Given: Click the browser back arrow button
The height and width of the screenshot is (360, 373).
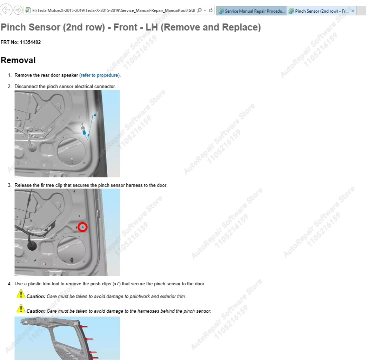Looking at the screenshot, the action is [x=6, y=10].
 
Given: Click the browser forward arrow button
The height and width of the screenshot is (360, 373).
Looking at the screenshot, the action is [x=18, y=10].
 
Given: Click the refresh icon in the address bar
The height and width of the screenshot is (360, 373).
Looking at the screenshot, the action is [x=211, y=11].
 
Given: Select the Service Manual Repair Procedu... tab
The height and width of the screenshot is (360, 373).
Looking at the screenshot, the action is [x=252, y=11].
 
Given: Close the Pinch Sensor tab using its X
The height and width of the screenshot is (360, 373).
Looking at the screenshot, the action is [x=353, y=11].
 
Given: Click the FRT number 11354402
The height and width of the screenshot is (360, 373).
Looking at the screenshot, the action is [x=30, y=42].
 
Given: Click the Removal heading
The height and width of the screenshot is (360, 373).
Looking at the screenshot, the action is [x=18, y=60].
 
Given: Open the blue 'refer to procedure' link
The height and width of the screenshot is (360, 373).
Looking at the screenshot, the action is [x=100, y=75].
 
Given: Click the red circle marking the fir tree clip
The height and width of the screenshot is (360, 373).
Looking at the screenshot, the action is [x=82, y=227].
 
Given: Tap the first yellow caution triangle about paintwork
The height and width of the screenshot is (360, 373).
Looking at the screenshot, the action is [x=21, y=294].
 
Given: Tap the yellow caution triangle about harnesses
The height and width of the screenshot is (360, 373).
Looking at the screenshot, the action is [x=21, y=309].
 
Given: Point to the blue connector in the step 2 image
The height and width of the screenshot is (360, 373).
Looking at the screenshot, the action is [x=84, y=132].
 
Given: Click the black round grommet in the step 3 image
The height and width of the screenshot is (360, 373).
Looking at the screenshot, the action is [x=32, y=246].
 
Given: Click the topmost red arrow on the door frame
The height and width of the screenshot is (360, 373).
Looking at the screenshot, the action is [x=84, y=327].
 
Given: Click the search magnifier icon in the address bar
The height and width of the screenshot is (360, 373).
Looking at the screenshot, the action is [x=199, y=11].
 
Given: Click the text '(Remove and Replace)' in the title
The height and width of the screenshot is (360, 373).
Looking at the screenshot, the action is [x=211, y=27].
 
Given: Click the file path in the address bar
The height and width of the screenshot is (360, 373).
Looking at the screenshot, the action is [x=114, y=11].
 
